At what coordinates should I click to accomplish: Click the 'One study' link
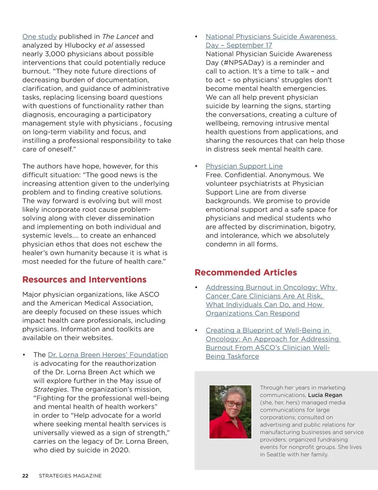click(x=39, y=37)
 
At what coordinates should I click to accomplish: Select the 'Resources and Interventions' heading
click(x=84, y=280)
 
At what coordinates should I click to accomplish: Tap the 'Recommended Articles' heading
click(x=246, y=272)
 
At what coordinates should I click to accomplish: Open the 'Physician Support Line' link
click(x=244, y=166)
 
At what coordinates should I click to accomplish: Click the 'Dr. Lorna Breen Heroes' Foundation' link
click(x=108, y=355)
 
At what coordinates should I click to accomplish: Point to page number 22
click(x=25, y=476)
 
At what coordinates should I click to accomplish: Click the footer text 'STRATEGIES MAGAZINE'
click(x=70, y=476)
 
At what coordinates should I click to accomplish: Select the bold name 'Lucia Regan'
click(x=325, y=395)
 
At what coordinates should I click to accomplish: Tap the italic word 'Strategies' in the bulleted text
click(x=50, y=389)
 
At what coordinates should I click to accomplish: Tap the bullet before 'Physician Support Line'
click(x=196, y=166)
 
